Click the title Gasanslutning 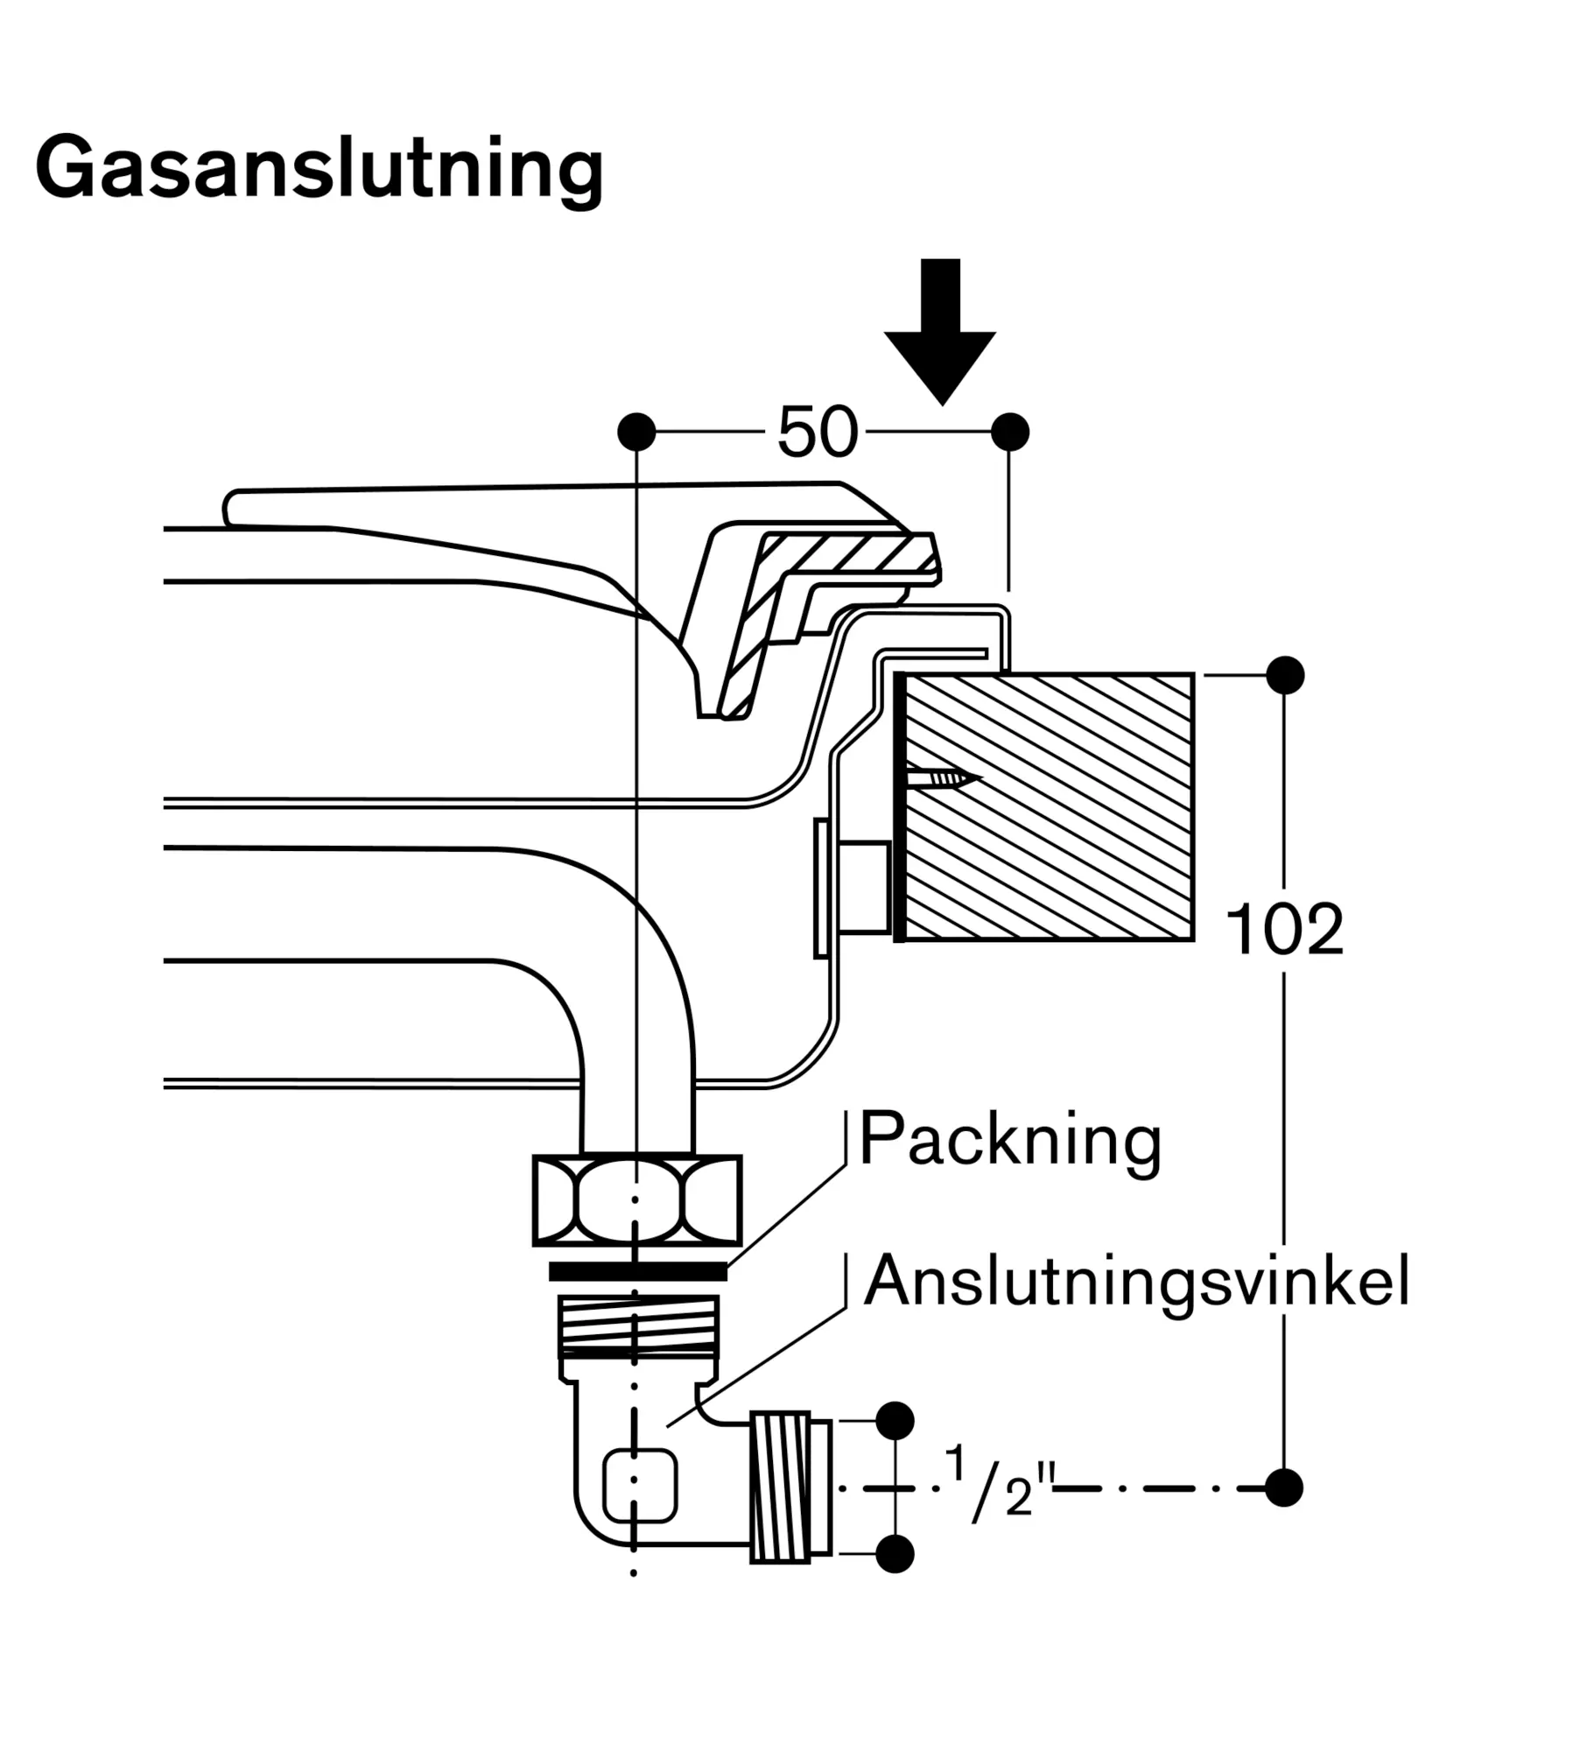pyautogui.click(x=319, y=168)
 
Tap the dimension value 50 pyautogui.click(x=817, y=432)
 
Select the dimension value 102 pyautogui.click(x=1283, y=929)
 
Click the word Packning pyautogui.click(x=1010, y=1139)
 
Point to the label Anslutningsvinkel pyautogui.click(x=1135, y=1281)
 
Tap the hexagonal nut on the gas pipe pyautogui.click(x=637, y=1200)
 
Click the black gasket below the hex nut pyautogui.click(x=637, y=1270)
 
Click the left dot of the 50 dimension pyautogui.click(x=636, y=432)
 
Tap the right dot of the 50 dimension pyautogui.click(x=1010, y=432)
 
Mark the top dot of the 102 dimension pyautogui.click(x=1284, y=675)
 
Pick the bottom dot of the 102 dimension pyautogui.click(x=1284, y=1487)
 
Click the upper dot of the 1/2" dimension pyautogui.click(x=895, y=1420)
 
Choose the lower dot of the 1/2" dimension pyautogui.click(x=895, y=1554)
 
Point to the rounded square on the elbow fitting pyautogui.click(x=640, y=1486)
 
